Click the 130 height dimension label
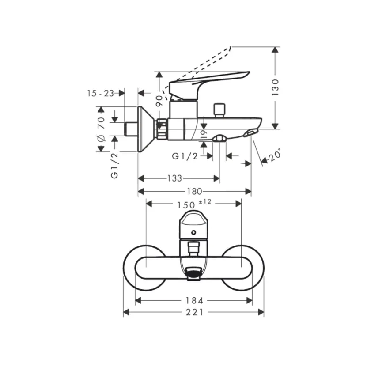coord(276,87)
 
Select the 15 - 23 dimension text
coord(100,93)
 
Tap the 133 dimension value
coord(174,178)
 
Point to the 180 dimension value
coord(194,191)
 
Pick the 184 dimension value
coord(194,301)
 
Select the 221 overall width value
coord(194,312)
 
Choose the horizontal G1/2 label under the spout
coord(185,156)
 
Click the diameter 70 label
coord(101,129)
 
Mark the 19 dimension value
coord(203,134)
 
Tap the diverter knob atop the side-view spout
coord(218,109)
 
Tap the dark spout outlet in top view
coord(193,275)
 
